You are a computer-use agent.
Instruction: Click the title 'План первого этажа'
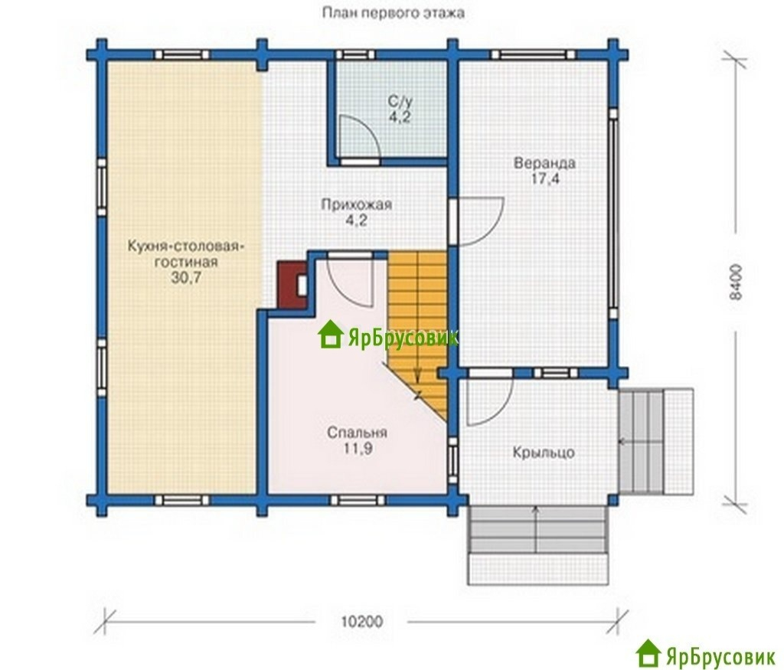[x=393, y=12]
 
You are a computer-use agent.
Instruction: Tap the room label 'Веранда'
[x=544, y=163]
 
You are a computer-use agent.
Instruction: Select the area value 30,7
[x=186, y=277]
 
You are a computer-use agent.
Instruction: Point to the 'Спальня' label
[x=357, y=433]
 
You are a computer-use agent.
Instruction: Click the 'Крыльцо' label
[x=544, y=453]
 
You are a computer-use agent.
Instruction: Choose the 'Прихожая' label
[x=357, y=204]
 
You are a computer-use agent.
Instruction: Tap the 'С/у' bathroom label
[x=400, y=102]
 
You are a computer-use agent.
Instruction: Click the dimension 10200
[x=362, y=622]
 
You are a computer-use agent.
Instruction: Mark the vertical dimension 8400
[x=736, y=282]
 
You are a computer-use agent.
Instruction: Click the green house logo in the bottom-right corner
[x=648, y=653]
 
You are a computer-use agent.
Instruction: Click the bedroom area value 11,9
[x=357, y=449]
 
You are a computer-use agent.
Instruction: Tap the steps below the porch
[x=537, y=545]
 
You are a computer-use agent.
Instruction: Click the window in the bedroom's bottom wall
[x=358, y=500]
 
